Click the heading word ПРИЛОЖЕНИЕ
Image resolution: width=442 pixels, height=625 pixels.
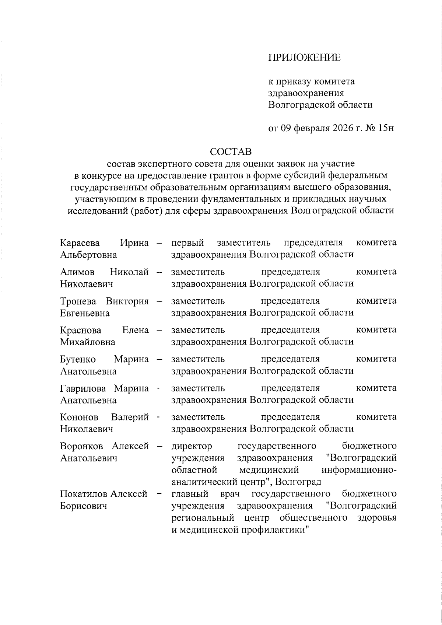tap(304, 57)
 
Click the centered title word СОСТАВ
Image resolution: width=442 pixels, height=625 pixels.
tap(231, 151)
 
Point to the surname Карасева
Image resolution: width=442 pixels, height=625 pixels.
tap(80, 243)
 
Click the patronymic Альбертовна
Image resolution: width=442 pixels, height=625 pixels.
tap(88, 255)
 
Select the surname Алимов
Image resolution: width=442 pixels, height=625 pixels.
tap(77, 272)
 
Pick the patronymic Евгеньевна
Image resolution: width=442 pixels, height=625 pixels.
tap(85, 313)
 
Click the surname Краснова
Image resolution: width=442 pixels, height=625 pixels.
tap(81, 330)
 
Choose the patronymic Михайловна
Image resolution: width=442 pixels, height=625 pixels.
tap(88, 342)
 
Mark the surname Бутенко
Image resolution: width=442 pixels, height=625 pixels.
tap(78, 359)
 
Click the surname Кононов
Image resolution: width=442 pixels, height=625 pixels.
tap(79, 417)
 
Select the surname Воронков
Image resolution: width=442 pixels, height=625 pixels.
tap(83, 446)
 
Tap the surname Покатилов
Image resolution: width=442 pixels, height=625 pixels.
tap(84, 494)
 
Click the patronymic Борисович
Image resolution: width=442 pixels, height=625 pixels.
tap(84, 506)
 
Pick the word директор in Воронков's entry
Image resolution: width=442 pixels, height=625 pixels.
tap(192, 446)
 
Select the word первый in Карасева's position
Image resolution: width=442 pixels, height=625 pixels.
tap(187, 243)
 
